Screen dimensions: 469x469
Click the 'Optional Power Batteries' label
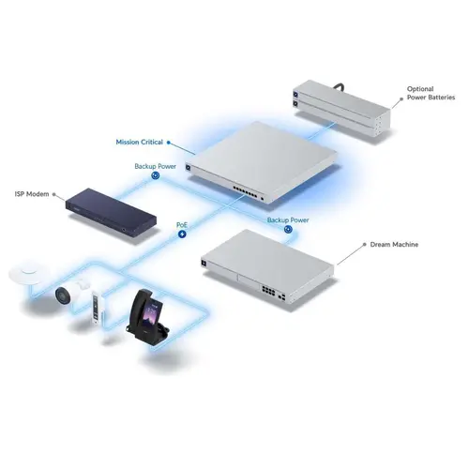click(x=432, y=95)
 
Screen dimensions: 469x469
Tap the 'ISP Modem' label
click(x=32, y=194)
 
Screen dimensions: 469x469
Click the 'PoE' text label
click(x=182, y=225)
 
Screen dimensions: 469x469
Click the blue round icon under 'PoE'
click(x=182, y=234)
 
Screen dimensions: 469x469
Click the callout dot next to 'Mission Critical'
click(x=169, y=142)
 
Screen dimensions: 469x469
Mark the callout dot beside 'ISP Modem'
click(x=55, y=195)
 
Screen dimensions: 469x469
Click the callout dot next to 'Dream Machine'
click(x=362, y=245)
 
